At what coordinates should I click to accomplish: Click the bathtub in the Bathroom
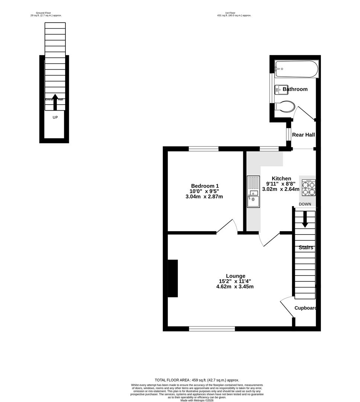pos(296,69)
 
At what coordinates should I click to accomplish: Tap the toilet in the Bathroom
pos(285,106)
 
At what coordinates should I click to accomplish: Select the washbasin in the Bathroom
pos(279,90)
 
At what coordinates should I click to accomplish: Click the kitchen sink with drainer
pos(253,192)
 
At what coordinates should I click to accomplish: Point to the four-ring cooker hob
pos(308,188)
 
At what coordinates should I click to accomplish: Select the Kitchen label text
pos(281,179)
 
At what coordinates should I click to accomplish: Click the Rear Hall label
pos(303,135)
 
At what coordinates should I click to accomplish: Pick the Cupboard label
pos(306,308)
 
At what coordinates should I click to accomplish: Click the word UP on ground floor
pos(55,118)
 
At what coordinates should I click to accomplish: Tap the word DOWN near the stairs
pos(305,204)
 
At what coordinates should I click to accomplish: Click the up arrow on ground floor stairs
pos(55,102)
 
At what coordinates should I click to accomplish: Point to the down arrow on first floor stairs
pos(305,220)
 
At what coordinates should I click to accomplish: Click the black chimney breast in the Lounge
pos(173,278)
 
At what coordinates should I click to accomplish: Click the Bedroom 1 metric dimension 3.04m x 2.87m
pos(204,197)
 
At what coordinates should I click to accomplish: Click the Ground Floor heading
pos(46,13)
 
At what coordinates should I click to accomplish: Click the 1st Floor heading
pos(234,13)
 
